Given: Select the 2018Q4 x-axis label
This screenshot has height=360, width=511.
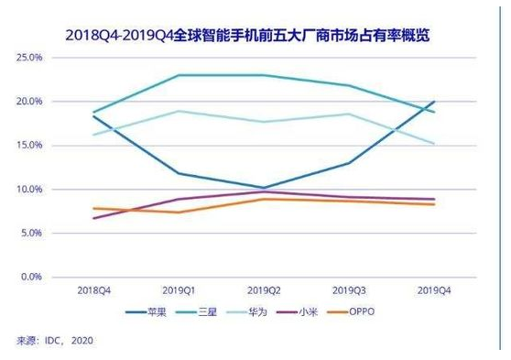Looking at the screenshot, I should [94, 290].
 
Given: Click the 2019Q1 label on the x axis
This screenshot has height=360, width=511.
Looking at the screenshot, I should [179, 290].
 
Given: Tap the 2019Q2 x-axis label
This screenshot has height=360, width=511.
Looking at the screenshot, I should [263, 290].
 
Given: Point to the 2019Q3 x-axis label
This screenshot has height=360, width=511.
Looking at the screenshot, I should [348, 290].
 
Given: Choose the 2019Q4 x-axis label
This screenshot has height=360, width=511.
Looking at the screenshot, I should [432, 290].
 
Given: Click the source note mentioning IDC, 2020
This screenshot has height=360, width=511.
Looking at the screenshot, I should [54, 341].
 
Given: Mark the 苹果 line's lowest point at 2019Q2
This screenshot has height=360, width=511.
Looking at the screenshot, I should [263, 188].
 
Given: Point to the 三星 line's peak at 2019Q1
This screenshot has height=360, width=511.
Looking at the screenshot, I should [179, 75].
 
